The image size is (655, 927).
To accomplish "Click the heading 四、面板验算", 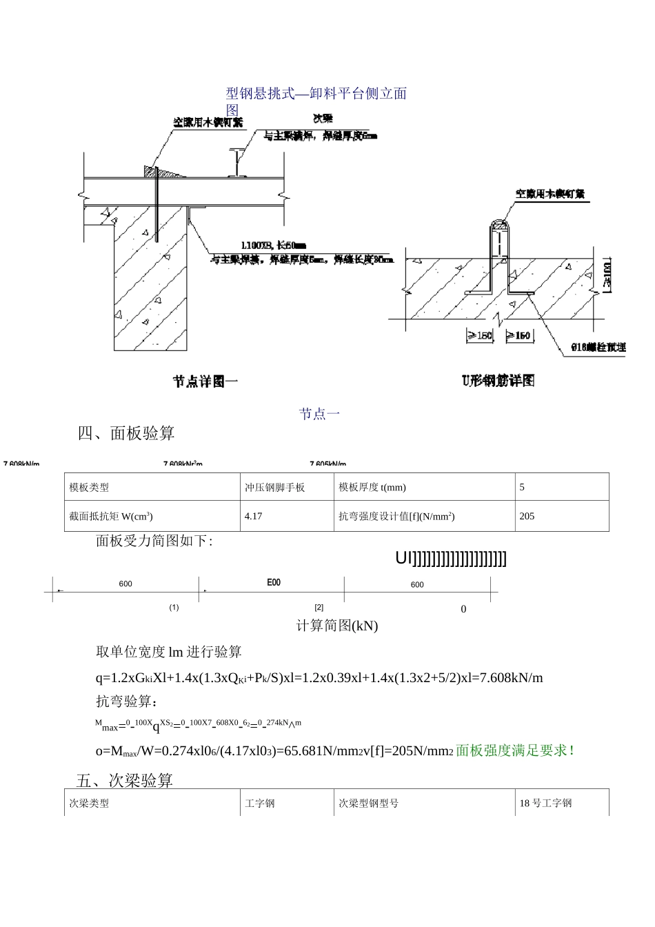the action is [126, 433].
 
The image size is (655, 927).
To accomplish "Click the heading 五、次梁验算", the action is [125, 781].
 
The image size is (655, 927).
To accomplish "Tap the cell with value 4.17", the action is [254, 516].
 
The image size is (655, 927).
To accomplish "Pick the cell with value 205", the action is [527, 516].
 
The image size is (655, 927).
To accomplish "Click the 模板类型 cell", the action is [90, 487].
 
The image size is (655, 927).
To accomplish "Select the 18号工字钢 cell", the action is [546, 803].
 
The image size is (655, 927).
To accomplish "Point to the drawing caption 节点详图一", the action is [205, 381].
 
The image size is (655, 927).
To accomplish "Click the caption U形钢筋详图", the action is [498, 380].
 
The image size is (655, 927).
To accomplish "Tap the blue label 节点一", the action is [320, 414].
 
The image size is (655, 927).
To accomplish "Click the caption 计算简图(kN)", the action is [337, 626].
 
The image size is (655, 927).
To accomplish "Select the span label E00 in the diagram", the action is [274, 583].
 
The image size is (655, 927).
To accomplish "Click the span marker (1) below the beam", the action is [174, 608].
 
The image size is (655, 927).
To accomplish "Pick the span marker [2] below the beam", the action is [319, 608].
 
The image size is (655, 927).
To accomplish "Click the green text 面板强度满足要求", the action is [516, 750].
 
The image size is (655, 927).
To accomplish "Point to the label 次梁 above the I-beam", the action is [323, 119].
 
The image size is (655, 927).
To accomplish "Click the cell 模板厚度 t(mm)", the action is [372, 487].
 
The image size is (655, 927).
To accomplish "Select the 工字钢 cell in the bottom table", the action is [260, 803].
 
